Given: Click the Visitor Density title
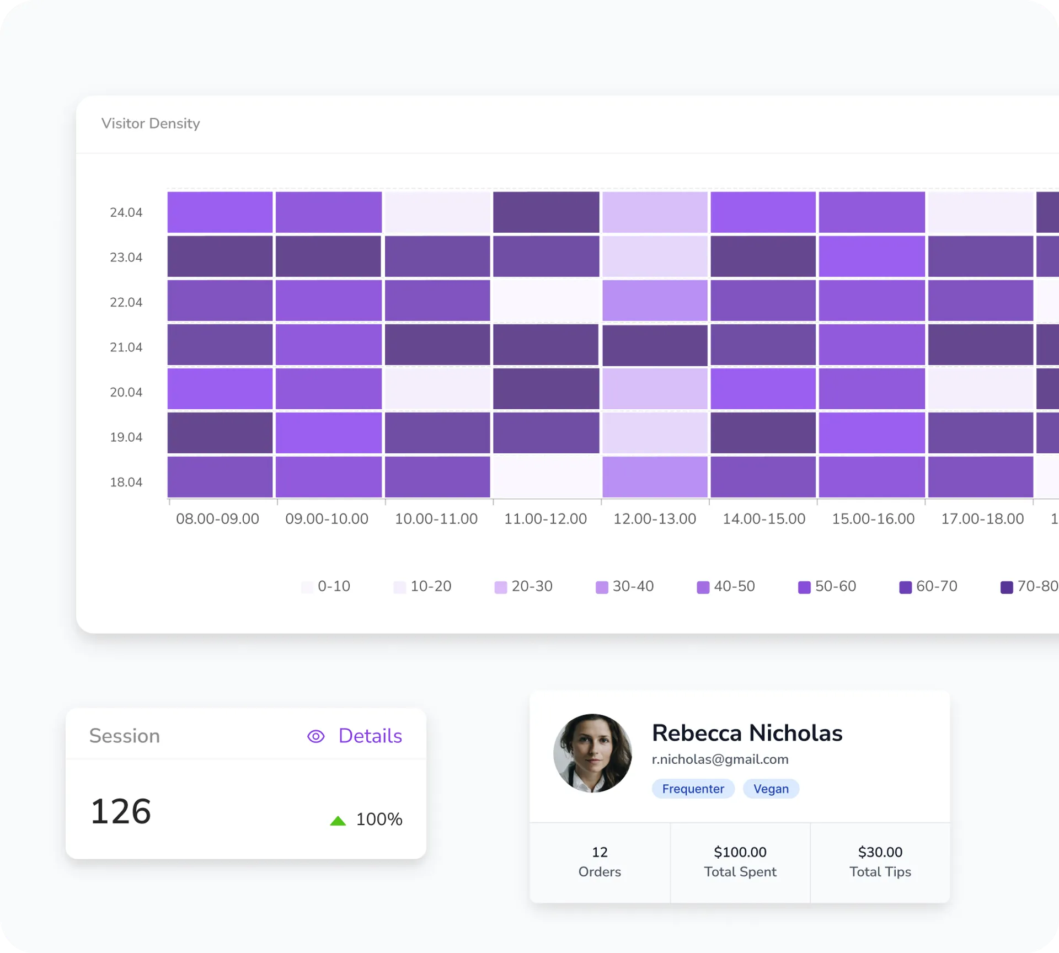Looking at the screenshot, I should (151, 124).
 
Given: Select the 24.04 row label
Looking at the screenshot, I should (126, 212).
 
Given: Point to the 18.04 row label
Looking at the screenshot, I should (126, 482).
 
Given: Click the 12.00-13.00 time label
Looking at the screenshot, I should (655, 519).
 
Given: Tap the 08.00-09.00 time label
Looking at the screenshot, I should (217, 519).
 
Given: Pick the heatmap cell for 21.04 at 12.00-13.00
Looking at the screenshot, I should (655, 345).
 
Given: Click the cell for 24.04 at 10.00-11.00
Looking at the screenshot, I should (437, 212).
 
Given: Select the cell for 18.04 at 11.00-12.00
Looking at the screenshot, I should (546, 477).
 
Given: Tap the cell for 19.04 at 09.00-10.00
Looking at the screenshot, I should (329, 433).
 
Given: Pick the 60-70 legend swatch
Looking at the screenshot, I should (905, 587).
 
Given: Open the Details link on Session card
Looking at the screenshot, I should (370, 736).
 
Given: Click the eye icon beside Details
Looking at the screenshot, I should (316, 736).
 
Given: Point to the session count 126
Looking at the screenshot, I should (121, 812).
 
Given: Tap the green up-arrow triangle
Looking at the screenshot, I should (338, 821).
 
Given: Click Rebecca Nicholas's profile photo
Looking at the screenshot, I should (592, 753).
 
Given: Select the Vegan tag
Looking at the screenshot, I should (771, 789).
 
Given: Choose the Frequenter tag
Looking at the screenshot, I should (693, 789).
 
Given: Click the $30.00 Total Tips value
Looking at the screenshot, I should (880, 852).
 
